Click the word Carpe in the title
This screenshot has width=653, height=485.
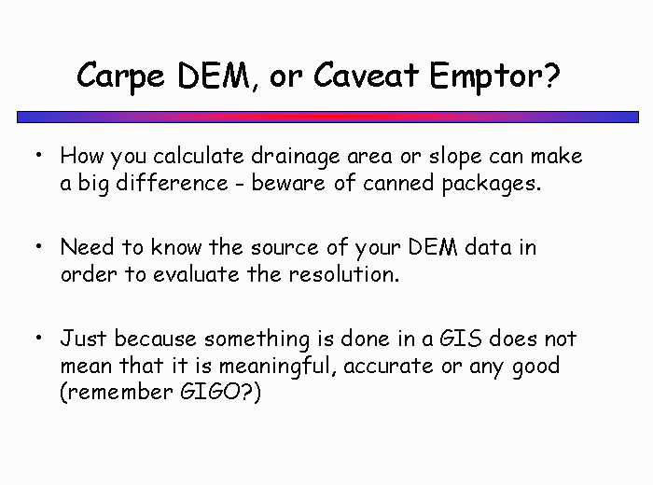pyautogui.click(x=120, y=76)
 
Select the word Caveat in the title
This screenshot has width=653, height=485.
pyautogui.click(x=366, y=75)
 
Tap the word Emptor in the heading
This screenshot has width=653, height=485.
pyautogui.click(x=486, y=77)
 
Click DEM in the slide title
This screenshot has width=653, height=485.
pyautogui.click(x=213, y=76)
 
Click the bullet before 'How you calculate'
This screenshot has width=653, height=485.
pyautogui.click(x=39, y=155)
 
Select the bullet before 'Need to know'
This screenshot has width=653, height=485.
pyautogui.click(x=39, y=246)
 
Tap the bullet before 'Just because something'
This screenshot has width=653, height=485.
pyautogui.click(x=39, y=338)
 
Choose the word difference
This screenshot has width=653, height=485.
pyautogui.click(x=172, y=183)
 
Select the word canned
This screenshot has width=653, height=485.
pyautogui.click(x=398, y=183)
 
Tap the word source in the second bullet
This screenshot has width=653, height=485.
pyautogui.click(x=285, y=248)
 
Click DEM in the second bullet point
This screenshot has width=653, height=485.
pyautogui.click(x=432, y=247)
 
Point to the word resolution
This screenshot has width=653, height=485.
pyautogui.click(x=344, y=274)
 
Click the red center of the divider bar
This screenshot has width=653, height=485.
pyautogui.click(x=327, y=117)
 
